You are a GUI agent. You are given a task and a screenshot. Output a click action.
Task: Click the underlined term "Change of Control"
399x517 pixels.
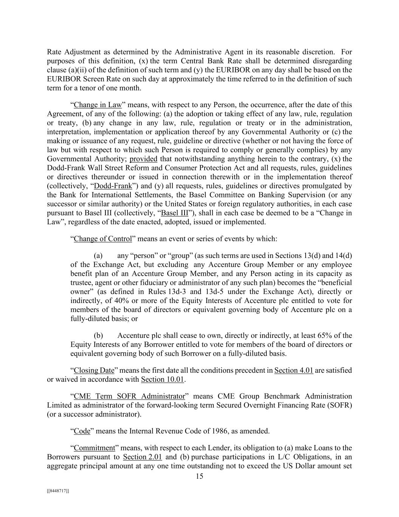pyautogui.click(x=103, y=239)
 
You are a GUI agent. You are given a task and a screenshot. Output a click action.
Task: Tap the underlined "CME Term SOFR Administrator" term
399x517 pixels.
pyautogui.click(x=129, y=397)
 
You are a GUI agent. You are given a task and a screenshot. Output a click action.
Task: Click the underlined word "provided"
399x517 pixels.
pyautogui.click(x=143, y=159)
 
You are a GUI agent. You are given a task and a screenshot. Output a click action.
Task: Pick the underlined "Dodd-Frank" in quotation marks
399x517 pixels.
pyautogui.click(x=113, y=186)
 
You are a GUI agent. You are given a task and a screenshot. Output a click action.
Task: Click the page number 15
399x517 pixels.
pyautogui.click(x=199, y=476)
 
